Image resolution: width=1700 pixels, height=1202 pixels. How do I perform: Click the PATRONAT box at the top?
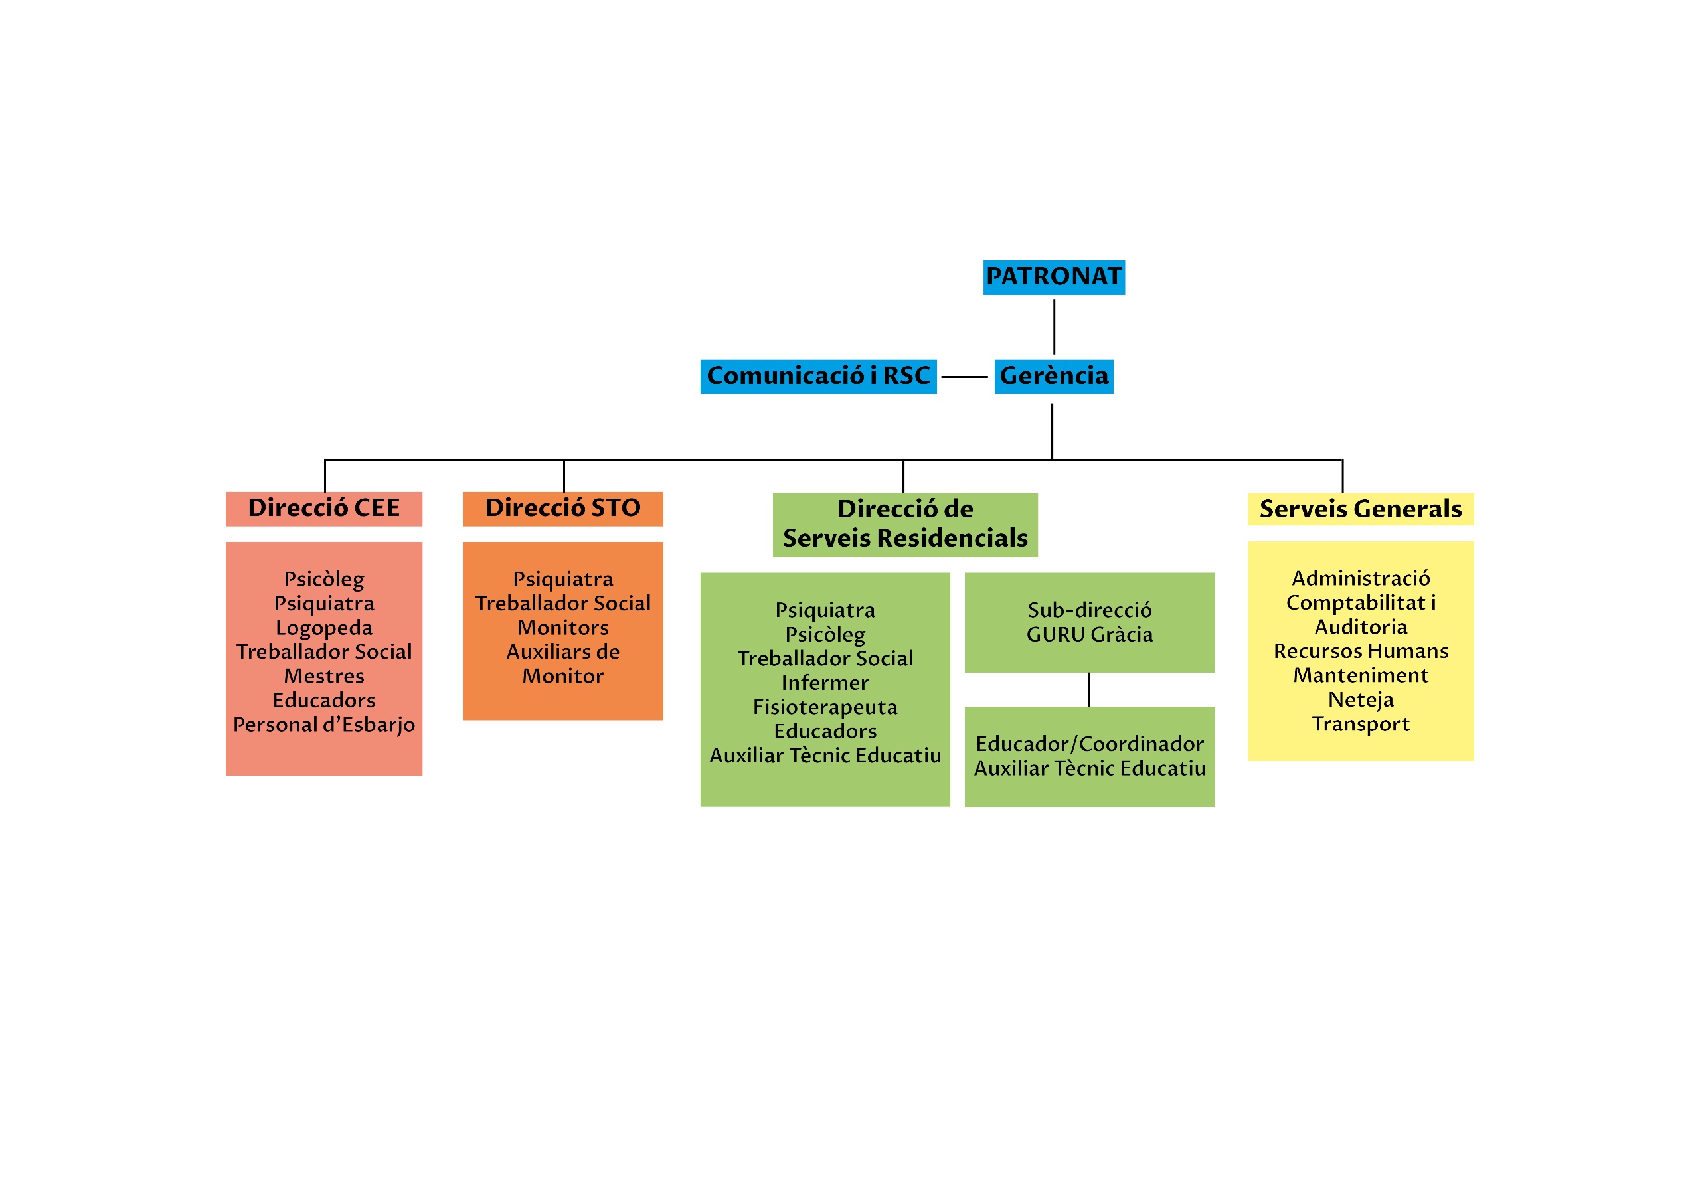tap(1054, 277)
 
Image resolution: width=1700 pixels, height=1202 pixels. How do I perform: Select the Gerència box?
tap(1054, 377)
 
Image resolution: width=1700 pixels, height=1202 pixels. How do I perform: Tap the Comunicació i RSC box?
tap(818, 377)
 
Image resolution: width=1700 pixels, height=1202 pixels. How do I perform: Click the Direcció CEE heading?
tap(323, 509)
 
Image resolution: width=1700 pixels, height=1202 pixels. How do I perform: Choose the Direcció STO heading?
tap(562, 509)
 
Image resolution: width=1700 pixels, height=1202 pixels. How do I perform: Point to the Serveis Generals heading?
tap(1360, 509)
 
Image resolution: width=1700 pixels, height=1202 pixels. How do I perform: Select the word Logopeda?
tap(323, 628)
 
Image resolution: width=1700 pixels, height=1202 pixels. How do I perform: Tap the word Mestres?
tap(323, 676)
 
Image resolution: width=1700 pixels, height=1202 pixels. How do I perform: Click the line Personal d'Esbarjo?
tap(323, 725)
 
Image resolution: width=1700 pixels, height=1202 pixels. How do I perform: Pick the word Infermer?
tap(825, 683)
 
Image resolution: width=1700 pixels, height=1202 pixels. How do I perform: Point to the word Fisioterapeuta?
tap(825, 707)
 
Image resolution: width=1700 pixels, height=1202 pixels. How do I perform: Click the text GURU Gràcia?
tap(1089, 635)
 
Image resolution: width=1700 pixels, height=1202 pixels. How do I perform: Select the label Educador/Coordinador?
tap(1089, 744)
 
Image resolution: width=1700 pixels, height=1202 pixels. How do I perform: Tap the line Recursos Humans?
tap(1360, 651)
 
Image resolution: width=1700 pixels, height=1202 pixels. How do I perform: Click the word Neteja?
tap(1360, 700)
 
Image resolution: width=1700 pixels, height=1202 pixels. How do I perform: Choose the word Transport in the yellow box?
tap(1360, 725)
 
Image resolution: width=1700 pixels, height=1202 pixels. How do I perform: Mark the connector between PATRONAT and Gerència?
tap(1054, 326)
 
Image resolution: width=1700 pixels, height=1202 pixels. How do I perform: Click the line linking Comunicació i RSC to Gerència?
tap(964, 377)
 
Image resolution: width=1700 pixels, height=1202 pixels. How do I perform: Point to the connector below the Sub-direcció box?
tap(1088, 689)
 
